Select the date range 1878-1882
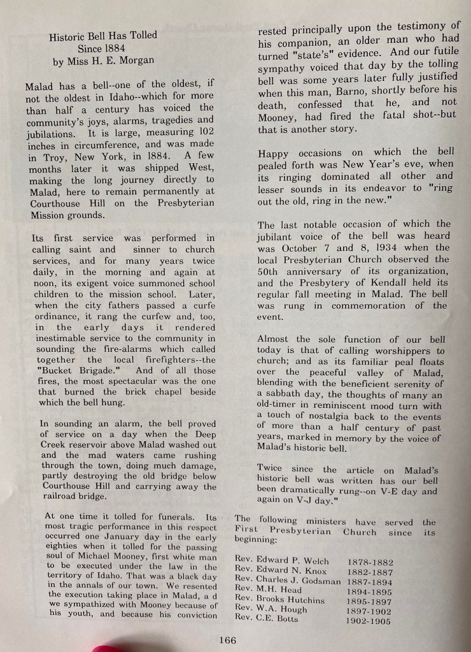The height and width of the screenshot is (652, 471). click(370, 562)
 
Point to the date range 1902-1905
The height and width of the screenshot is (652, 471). click(369, 621)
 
